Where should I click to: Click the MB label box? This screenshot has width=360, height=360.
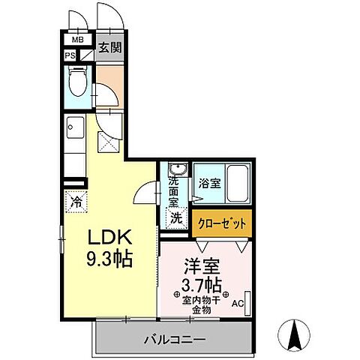(x=78, y=40)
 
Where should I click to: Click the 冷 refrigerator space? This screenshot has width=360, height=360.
(x=77, y=200)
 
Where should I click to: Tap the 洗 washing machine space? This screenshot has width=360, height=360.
(x=175, y=219)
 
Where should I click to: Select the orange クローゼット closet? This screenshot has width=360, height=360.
(x=221, y=222)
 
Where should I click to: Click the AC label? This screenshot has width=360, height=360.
(x=237, y=303)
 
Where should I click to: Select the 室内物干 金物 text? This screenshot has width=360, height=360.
(x=201, y=304)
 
